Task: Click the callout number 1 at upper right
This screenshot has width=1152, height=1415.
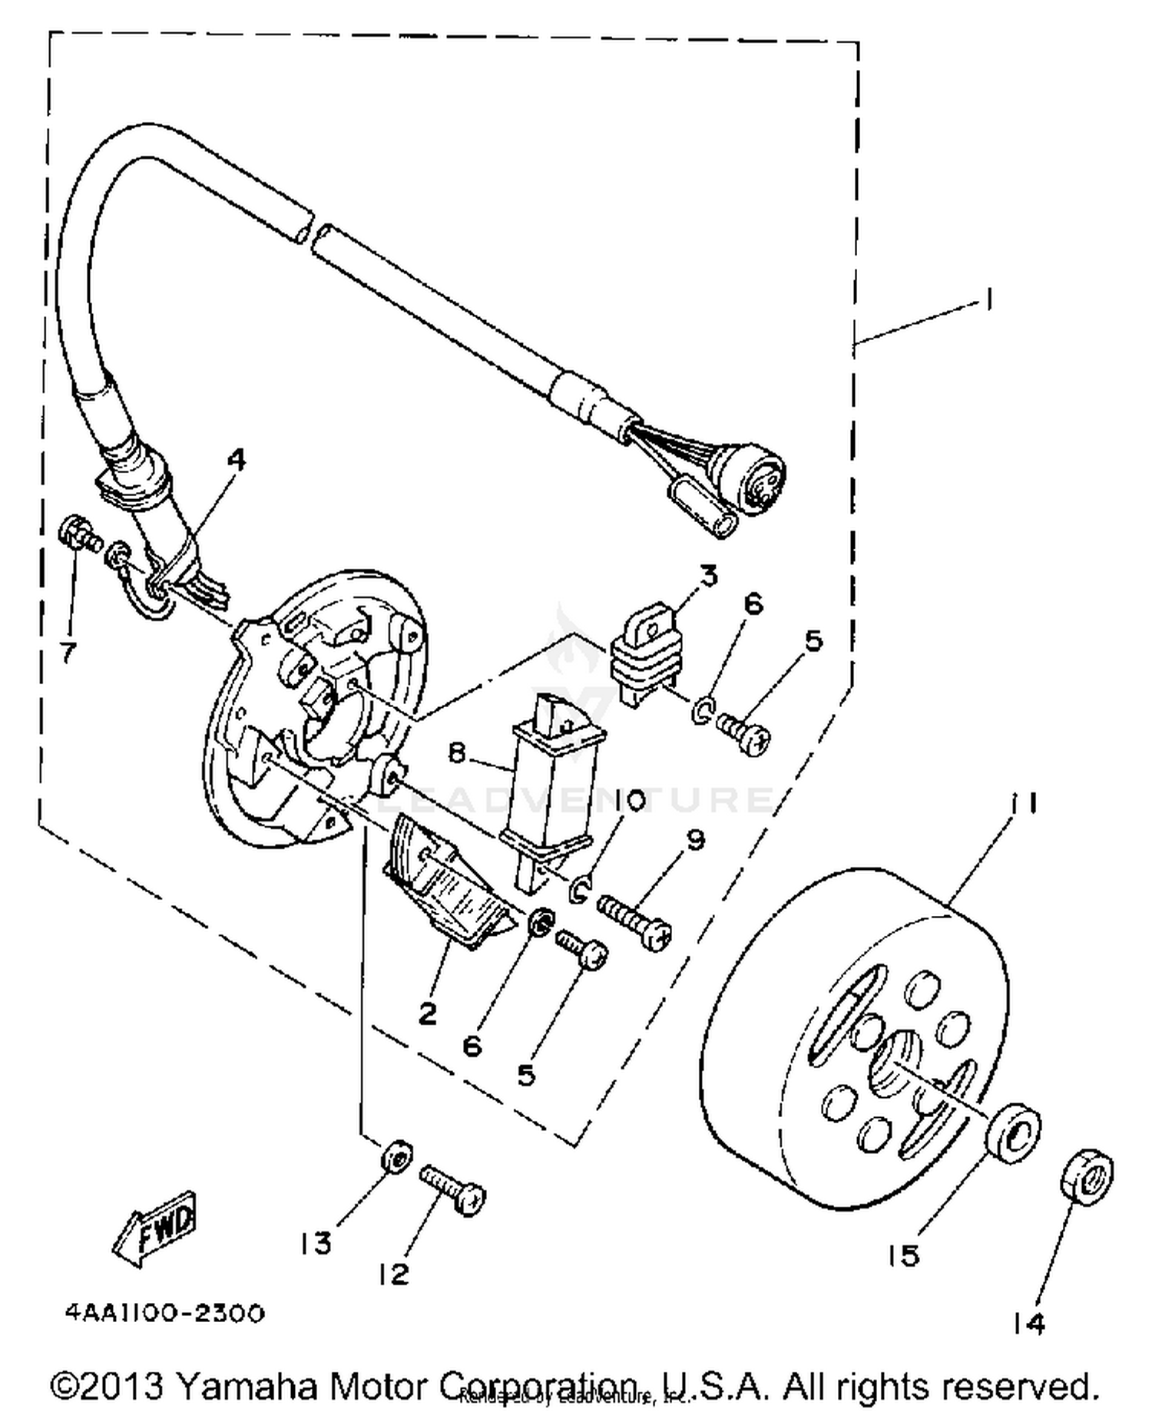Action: (x=988, y=299)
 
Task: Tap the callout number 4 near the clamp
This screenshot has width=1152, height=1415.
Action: (x=237, y=460)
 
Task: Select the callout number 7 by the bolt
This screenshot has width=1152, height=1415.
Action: (x=68, y=653)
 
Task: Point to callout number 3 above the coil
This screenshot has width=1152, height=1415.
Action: (x=707, y=575)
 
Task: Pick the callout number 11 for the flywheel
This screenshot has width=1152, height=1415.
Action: (x=1025, y=804)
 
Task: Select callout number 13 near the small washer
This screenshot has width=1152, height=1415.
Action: (x=316, y=1243)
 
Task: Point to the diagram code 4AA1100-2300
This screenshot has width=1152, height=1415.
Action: (x=165, y=1312)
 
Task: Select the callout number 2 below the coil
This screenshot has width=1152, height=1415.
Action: (x=427, y=1013)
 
